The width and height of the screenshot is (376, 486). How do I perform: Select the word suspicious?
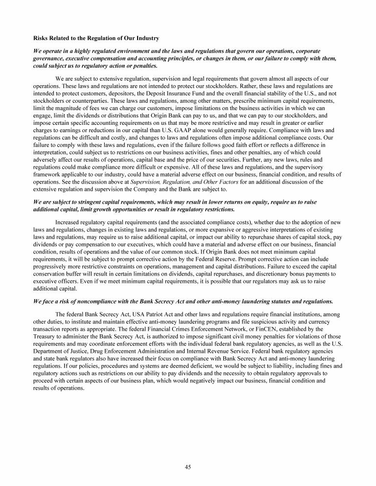pyautogui.click(x=243, y=322)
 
